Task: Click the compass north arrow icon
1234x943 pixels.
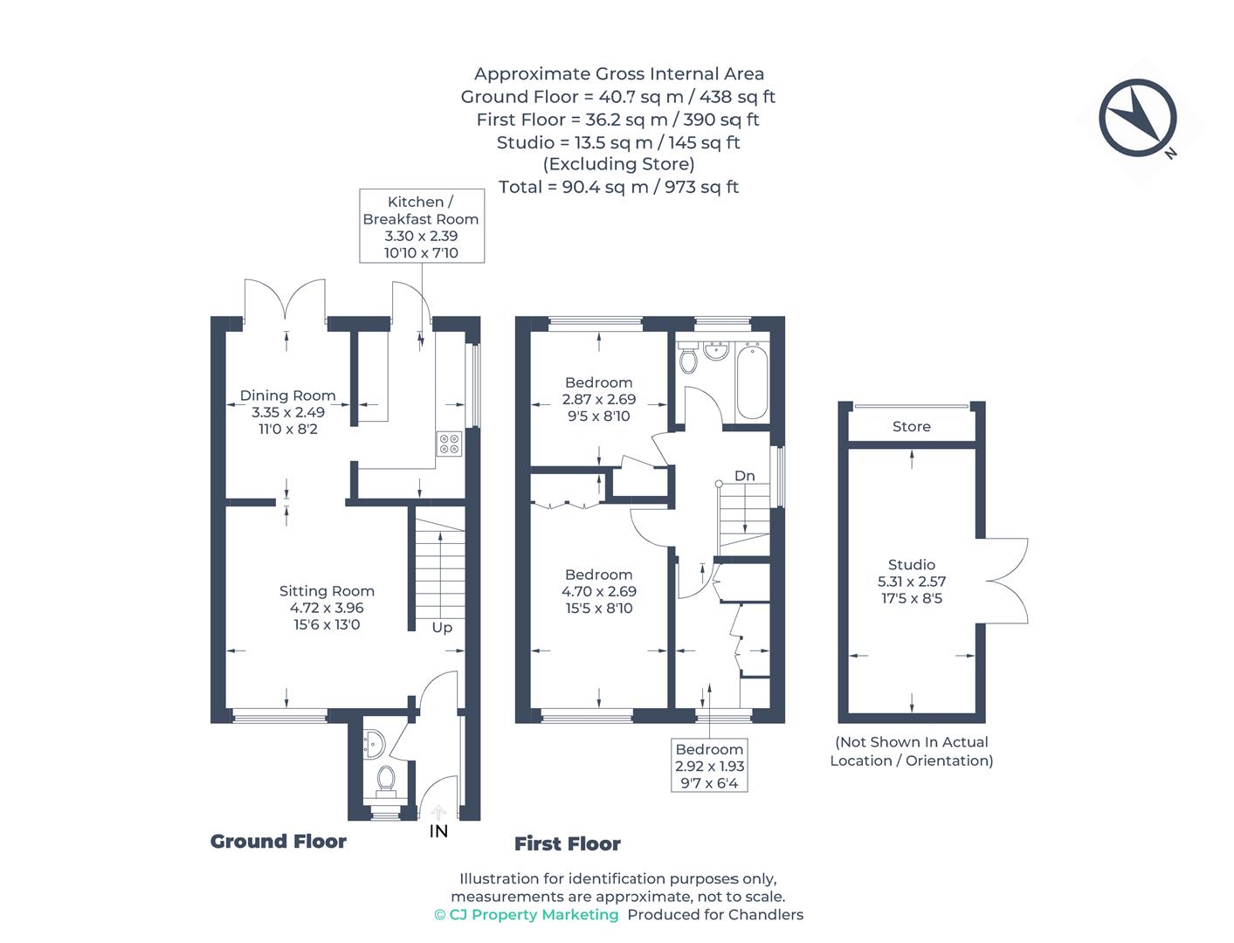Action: coord(1138,118)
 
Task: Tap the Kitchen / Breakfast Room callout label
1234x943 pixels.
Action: coord(420,226)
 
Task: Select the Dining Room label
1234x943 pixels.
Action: coord(287,396)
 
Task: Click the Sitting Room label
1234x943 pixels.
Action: coord(327,591)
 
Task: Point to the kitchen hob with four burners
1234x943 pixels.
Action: coord(448,444)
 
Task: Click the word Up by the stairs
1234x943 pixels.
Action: coord(442,628)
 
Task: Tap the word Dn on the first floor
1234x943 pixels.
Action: coord(744,476)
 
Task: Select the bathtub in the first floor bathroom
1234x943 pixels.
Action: coord(752,382)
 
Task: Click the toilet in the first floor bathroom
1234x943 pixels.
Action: coord(688,358)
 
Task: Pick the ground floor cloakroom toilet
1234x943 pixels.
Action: coord(385,779)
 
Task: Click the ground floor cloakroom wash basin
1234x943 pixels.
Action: coord(373,743)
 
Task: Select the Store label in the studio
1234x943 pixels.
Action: coord(911,427)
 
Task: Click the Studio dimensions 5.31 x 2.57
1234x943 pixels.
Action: coord(912,582)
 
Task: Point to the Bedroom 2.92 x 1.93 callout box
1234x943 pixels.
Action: coord(709,766)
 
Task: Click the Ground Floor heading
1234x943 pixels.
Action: coord(279,842)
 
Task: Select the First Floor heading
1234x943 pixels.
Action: coord(567,843)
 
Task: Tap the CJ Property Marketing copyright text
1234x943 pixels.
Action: coord(526,914)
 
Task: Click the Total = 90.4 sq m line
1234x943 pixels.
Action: coord(618,187)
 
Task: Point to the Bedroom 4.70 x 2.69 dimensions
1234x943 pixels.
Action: coord(598,591)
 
